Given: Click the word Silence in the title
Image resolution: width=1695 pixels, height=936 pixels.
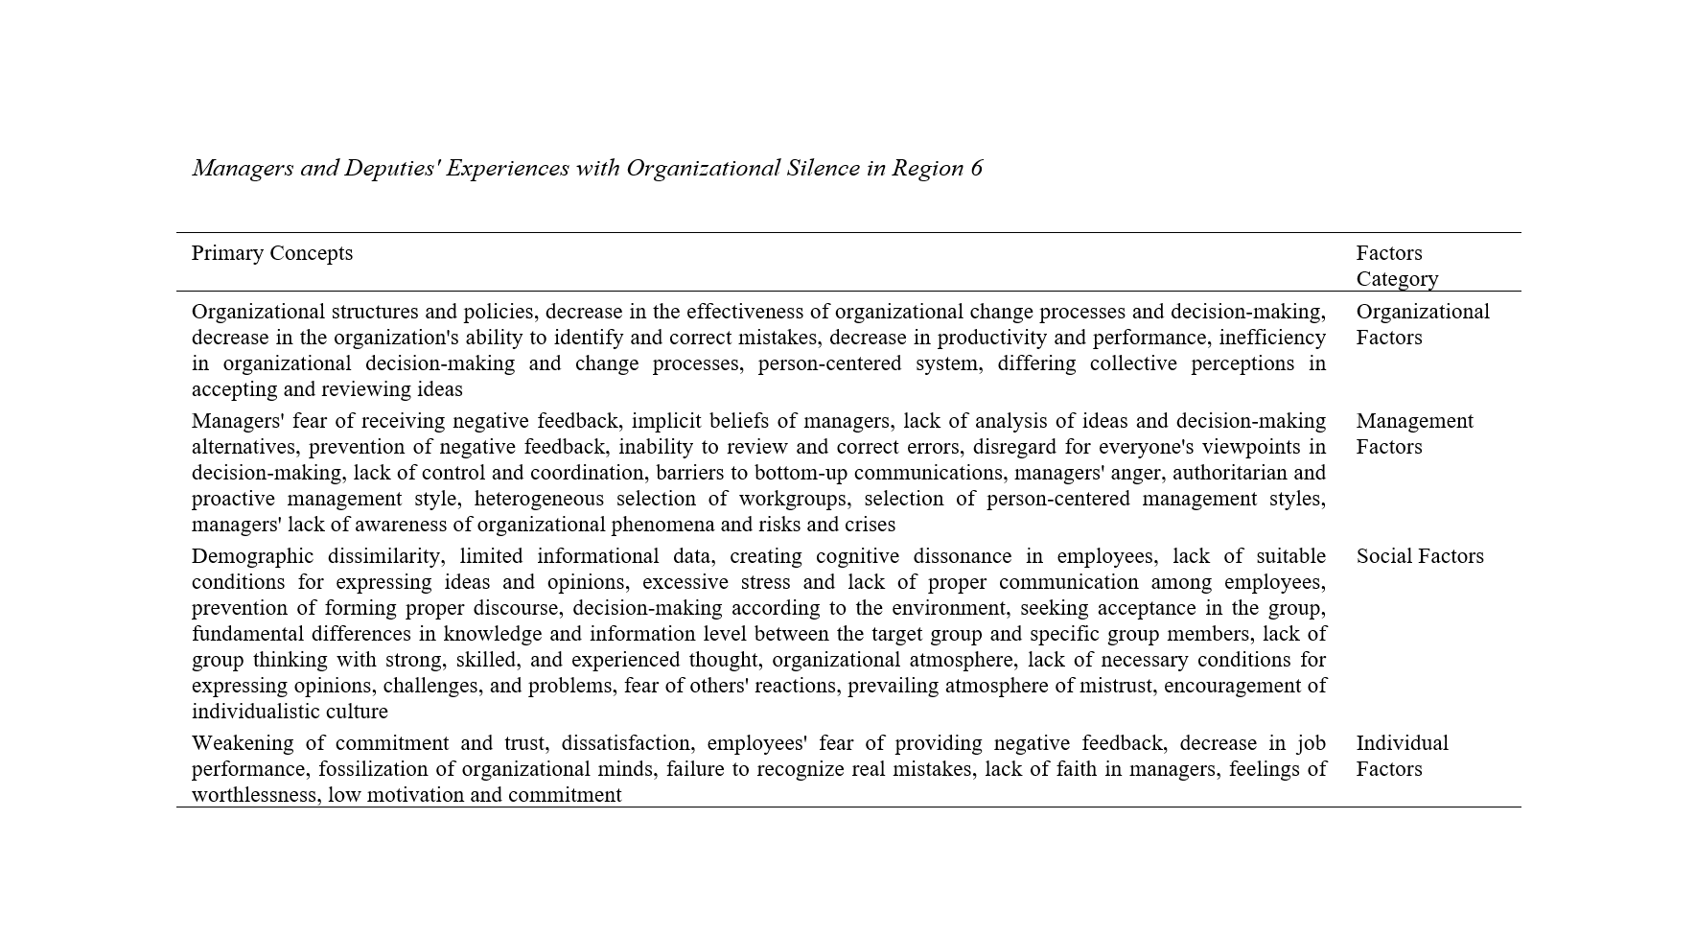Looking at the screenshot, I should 823,168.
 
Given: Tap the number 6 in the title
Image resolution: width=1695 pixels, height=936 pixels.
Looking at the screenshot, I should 976,168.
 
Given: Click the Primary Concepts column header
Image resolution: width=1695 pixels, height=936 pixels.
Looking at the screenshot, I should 272,253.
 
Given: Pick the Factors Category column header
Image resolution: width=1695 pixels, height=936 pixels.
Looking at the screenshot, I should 1397,266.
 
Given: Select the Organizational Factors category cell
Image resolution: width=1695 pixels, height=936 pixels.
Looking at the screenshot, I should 1422,324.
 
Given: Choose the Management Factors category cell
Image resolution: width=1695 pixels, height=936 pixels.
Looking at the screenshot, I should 1414,433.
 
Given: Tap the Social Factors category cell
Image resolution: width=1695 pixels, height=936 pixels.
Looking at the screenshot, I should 1419,556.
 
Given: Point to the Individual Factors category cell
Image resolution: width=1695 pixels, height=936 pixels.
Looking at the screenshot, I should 1402,756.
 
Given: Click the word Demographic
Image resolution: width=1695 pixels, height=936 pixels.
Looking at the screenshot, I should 252,556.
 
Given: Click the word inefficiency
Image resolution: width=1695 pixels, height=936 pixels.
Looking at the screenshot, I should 1271,338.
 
